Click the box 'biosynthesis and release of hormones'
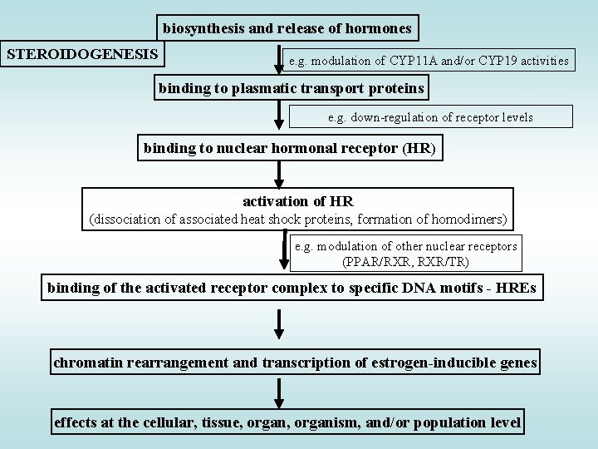287,28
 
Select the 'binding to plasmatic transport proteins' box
292,87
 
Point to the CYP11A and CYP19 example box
429,60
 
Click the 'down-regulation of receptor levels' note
430,117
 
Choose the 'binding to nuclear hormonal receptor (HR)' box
290,149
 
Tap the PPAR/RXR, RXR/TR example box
406,254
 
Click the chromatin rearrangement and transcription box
295,363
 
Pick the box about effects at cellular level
287,422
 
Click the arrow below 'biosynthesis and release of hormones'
279,62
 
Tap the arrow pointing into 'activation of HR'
280,174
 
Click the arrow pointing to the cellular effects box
280,392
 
